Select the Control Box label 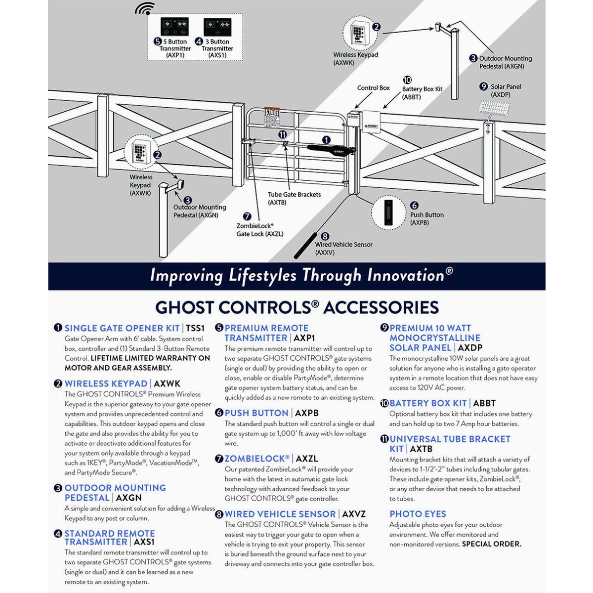[374, 88]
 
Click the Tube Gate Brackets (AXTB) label [294, 198]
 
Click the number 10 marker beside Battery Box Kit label [407, 80]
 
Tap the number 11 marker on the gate [282, 134]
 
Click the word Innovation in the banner [405, 275]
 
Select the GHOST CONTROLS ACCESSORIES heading [296, 307]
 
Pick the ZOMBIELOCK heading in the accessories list [257, 459]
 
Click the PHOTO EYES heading [418, 514]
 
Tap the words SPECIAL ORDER [491, 544]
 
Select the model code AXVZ [354, 514]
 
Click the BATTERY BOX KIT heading [428, 403]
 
